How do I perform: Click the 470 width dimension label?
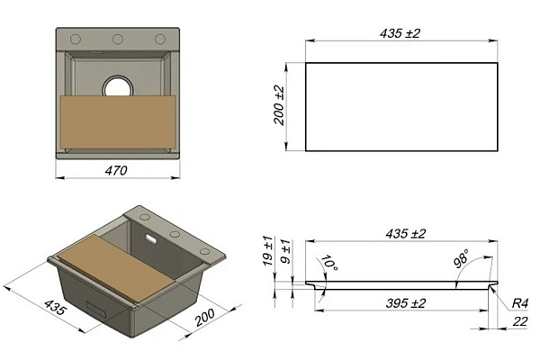pos(116,171)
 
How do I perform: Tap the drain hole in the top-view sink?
pos(117,86)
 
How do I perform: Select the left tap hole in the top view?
pos(76,40)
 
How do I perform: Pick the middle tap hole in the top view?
pos(117,40)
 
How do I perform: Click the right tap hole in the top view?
pos(159,40)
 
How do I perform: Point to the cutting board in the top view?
pos(118,122)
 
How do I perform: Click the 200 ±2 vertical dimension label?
pos(279,105)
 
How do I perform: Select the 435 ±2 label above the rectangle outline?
pos(400,33)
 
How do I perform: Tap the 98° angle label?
pos(462,258)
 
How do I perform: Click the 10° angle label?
pos(328,263)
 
